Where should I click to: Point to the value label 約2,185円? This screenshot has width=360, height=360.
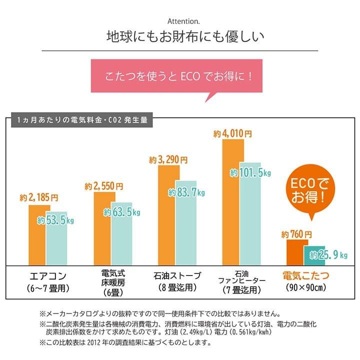click(x=39, y=197)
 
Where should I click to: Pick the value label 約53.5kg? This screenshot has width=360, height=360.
click(x=56, y=220)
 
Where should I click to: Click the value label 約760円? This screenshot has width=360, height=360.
click(x=296, y=234)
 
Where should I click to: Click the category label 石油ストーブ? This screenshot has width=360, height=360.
click(x=178, y=275)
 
